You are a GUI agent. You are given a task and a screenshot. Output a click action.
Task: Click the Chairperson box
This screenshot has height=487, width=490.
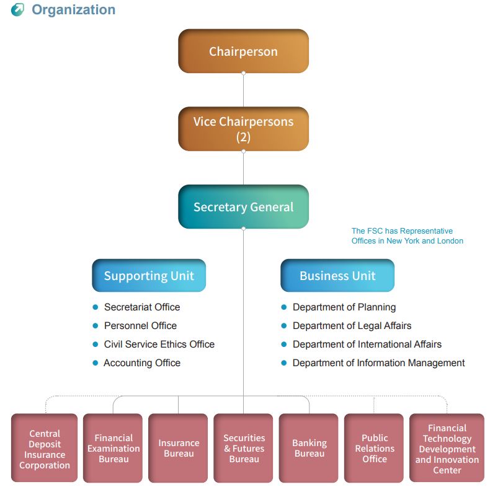click(243, 51)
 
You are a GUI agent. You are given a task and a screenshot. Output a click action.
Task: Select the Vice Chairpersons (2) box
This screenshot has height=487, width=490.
click(243, 129)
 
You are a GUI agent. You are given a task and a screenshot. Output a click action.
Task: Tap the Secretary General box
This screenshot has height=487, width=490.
click(243, 207)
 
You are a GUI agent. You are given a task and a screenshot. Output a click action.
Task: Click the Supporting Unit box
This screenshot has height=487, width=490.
click(149, 276)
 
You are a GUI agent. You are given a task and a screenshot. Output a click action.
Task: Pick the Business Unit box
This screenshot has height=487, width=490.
click(337, 276)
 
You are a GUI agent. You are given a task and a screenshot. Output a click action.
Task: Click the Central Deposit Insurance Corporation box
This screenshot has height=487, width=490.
click(45, 449)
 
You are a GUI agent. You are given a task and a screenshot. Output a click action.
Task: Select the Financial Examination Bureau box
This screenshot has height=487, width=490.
click(114, 449)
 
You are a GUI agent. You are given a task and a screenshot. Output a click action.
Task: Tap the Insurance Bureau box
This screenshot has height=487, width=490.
click(179, 449)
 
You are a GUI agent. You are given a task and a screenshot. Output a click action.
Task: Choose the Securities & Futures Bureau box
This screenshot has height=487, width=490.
click(244, 449)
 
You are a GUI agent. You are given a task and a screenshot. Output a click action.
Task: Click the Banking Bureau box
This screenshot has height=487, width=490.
click(309, 449)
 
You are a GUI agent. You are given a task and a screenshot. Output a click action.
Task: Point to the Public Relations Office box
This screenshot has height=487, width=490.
click(374, 449)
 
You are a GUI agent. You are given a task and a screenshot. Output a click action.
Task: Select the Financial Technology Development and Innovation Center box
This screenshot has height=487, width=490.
click(447, 449)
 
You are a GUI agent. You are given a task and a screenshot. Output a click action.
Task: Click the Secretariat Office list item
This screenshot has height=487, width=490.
click(142, 307)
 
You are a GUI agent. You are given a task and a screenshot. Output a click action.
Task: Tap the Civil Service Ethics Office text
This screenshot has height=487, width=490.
click(159, 344)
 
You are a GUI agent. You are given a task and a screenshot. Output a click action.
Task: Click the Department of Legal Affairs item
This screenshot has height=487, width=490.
click(352, 326)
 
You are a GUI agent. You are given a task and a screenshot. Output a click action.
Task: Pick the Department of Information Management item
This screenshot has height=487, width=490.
click(378, 363)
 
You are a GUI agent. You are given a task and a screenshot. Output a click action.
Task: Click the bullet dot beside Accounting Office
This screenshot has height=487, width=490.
click(96, 363)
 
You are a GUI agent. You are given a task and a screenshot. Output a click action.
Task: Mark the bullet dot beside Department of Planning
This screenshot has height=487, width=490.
click(284, 307)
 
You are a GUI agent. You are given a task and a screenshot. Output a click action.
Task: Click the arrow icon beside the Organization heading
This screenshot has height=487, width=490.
click(18, 10)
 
